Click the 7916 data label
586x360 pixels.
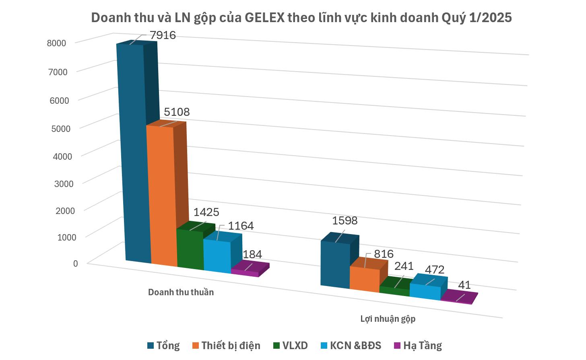point(163,35)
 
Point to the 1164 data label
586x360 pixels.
point(241,226)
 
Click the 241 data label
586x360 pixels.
point(403,266)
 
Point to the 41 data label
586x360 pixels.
point(464,285)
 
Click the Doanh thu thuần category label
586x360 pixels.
point(181,292)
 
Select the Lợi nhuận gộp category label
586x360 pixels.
point(388,319)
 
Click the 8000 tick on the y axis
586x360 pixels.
point(56,43)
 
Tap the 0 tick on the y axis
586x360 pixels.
point(75,263)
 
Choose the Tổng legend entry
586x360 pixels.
point(163,346)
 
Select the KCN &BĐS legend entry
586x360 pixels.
point(351,346)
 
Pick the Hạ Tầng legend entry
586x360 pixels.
point(418,346)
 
